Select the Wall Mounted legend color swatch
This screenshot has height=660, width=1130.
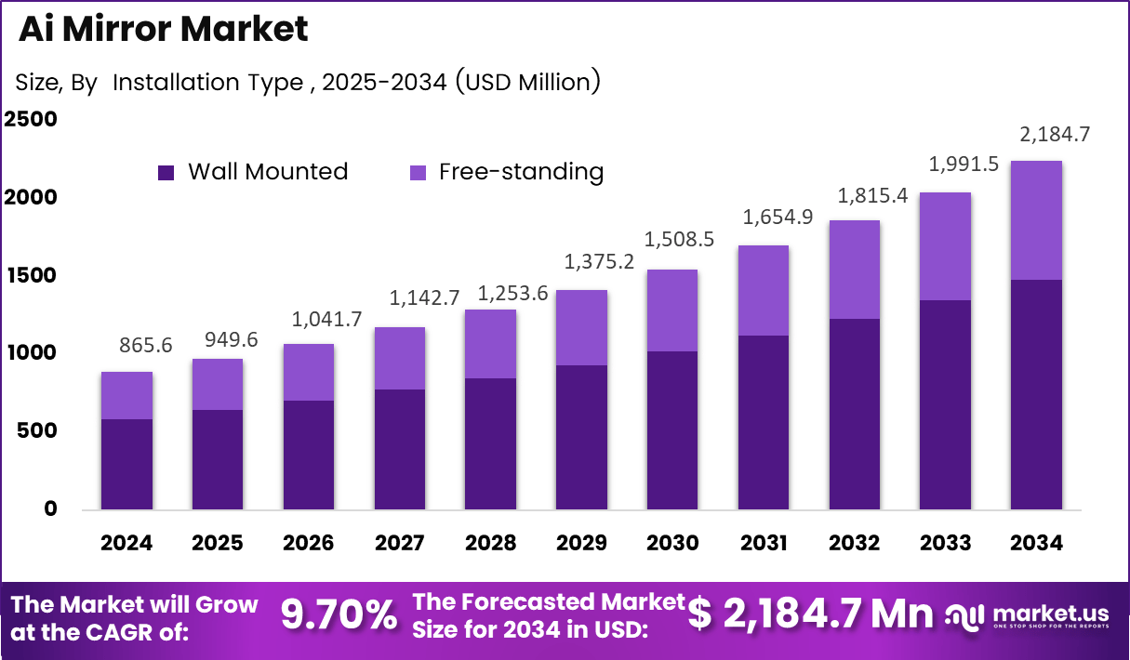166,172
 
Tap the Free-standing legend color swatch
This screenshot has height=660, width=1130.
419,172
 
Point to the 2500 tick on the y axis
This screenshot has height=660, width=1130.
31,120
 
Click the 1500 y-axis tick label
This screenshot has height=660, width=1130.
31,275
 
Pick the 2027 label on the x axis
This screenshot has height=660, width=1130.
400,543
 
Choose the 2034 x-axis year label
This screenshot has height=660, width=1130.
1036,543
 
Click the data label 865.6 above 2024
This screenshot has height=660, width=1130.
146,345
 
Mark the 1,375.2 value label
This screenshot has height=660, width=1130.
601,262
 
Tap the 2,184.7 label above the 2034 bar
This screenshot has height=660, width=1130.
1055,134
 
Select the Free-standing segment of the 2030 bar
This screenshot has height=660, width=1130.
671,310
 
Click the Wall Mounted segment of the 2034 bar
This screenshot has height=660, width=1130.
1036,394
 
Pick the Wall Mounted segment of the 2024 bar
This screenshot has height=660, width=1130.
127,464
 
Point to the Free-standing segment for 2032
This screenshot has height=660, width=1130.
854,270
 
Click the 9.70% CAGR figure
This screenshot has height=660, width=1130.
339,614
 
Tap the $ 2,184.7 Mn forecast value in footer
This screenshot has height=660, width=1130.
811,614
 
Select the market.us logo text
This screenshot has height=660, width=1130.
1049,612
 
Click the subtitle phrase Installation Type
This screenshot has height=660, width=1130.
207,82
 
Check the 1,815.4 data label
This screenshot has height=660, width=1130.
872,196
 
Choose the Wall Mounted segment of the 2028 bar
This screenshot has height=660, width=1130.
490,443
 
